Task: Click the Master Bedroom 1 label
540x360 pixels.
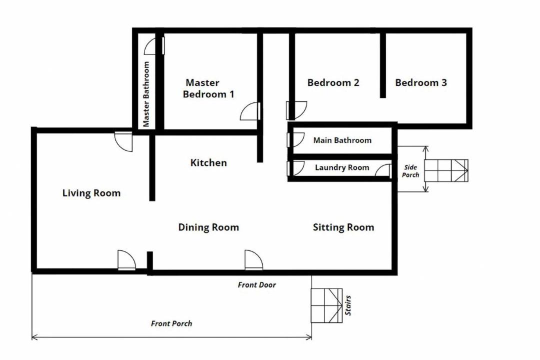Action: click(208, 88)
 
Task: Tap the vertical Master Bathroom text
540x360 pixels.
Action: click(146, 94)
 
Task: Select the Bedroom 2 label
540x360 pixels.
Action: click(333, 82)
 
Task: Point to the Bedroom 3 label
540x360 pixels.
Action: click(421, 82)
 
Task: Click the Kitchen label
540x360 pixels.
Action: click(208, 162)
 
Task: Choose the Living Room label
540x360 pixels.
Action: click(91, 193)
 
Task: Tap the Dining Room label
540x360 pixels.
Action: click(208, 227)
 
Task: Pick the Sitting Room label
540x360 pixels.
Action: click(343, 227)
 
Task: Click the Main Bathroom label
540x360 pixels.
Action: click(342, 140)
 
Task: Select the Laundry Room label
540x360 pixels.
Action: click(342, 167)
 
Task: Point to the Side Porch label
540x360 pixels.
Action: click(410, 171)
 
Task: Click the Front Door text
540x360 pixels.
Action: click(257, 285)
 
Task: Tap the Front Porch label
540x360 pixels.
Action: click(171, 323)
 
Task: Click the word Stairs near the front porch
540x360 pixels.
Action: click(348, 305)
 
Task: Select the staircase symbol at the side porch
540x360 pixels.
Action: click(446, 170)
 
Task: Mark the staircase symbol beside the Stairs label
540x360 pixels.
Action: click(327, 305)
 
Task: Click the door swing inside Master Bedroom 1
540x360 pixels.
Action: click(250, 111)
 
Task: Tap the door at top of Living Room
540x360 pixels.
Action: click(123, 141)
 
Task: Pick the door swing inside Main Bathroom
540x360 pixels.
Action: click(295, 140)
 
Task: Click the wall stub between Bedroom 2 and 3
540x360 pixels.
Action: click(382, 65)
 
